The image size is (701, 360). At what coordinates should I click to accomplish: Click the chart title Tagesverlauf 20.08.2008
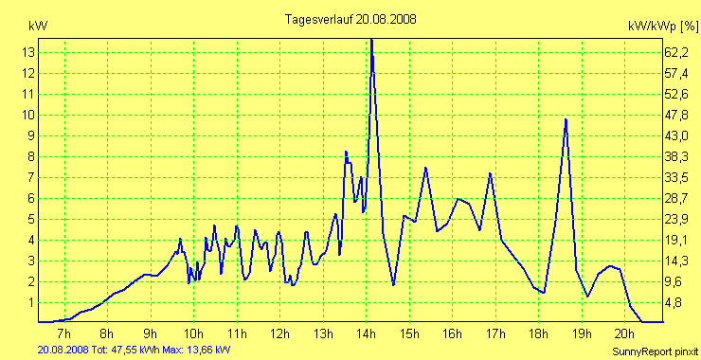350,19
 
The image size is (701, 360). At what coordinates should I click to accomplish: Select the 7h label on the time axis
63,333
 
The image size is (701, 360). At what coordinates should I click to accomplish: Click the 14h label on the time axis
366,333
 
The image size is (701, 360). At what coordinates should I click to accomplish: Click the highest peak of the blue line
371,40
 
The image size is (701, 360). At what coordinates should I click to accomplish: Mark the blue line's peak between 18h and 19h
566,119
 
